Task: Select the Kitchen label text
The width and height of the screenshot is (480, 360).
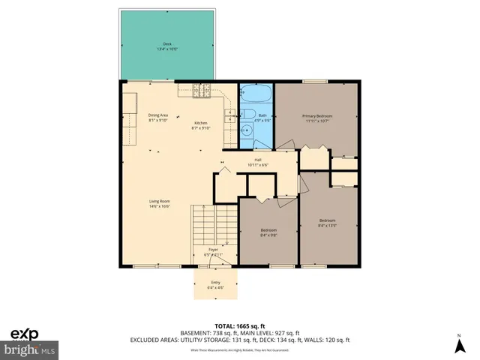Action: click(x=201, y=122)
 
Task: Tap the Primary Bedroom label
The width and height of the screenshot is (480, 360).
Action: click(x=316, y=116)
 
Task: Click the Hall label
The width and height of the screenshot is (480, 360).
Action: click(x=257, y=159)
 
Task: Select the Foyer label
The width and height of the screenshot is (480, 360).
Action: click(x=213, y=250)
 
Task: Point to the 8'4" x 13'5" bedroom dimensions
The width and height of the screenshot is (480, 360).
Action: click(x=328, y=225)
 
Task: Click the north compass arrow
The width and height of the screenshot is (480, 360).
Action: click(x=457, y=345)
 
